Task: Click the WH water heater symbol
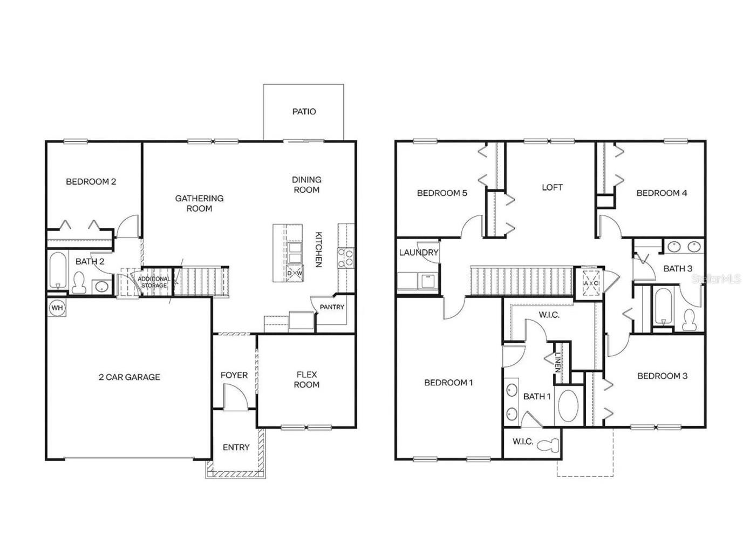(57, 308)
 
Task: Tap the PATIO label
(304, 112)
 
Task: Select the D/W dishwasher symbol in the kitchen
(295, 273)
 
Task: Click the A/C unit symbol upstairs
(590, 283)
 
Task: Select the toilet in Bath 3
(690, 320)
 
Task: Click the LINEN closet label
(558, 362)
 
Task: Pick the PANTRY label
(332, 307)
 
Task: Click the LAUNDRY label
(419, 253)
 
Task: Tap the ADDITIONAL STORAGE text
(154, 282)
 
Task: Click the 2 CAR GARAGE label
(129, 377)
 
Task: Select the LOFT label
(552, 187)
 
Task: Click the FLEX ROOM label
(306, 379)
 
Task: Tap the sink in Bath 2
(101, 286)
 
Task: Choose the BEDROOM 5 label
(442, 193)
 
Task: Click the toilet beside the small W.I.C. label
(551, 445)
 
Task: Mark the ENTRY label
(236, 447)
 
